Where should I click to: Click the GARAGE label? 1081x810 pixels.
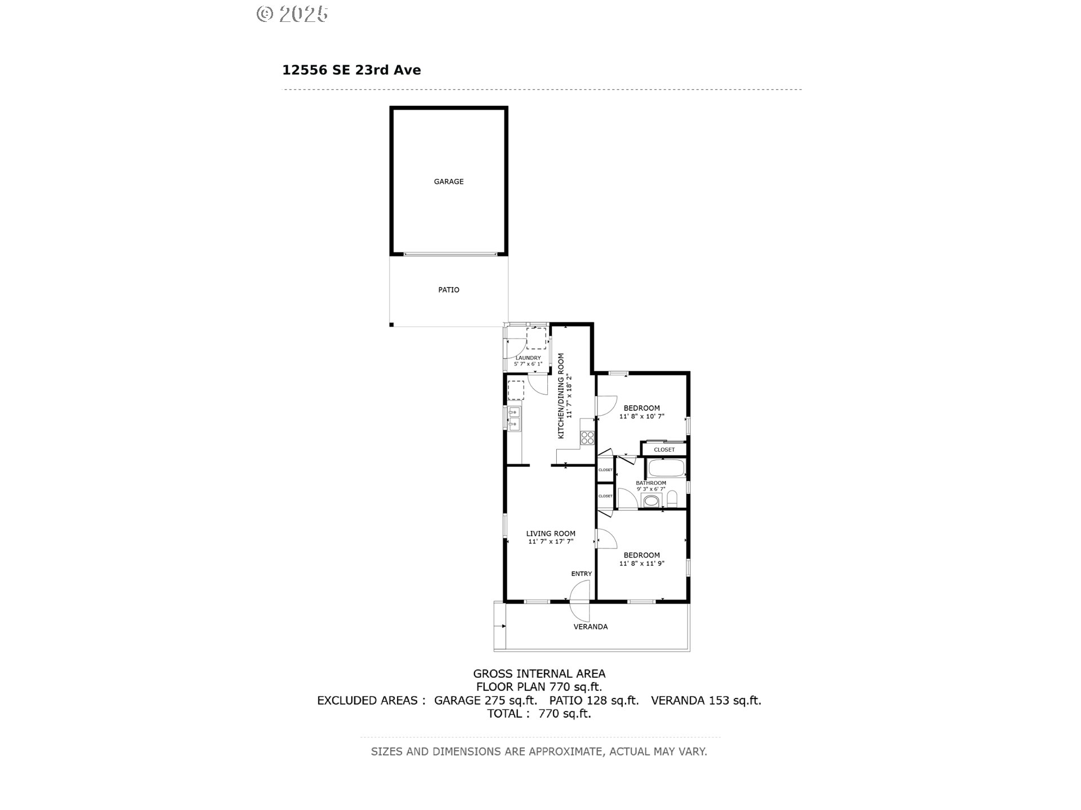pyautogui.click(x=449, y=182)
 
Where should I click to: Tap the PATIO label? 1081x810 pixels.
pyautogui.click(x=449, y=290)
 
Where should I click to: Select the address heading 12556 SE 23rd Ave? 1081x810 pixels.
pyautogui.click(x=351, y=70)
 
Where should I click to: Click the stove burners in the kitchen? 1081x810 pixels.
pyautogui.click(x=588, y=437)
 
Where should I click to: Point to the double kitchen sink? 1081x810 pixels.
pyautogui.click(x=120, y=419)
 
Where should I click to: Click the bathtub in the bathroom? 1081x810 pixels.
pyautogui.click(x=665, y=468)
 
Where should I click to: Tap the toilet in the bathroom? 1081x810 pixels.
pyautogui.click(x=672, y=498)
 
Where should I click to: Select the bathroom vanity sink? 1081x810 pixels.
pyautogui.click(x=651, y=501)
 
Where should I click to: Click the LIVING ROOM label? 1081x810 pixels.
pyautogui.click(x=551, y=534)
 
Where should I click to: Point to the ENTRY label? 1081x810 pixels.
pyautogui.click(x=582, y=574)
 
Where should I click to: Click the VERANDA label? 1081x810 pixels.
pyautogui.click(x=591, y=627)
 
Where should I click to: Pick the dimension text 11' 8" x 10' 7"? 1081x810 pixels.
pyautogui.click(x=642, y=417)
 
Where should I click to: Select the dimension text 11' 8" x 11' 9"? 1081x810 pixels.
pyautogui.click(x=642, y=563)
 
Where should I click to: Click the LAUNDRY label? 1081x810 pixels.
pyautogui.click(x=528, y=358)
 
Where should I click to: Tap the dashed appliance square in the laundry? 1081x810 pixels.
pyautogui.click(x=536, y=338)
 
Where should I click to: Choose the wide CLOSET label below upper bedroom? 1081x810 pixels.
pyautogui.click(x=664, y=449)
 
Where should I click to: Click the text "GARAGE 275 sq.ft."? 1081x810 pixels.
pyautogui.click(x=486, y=700)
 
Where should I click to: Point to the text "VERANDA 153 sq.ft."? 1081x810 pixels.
pyautogui.click(x=706, y=700)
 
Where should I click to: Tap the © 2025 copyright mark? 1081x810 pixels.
pyautogui.click(x=292, y=14)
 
